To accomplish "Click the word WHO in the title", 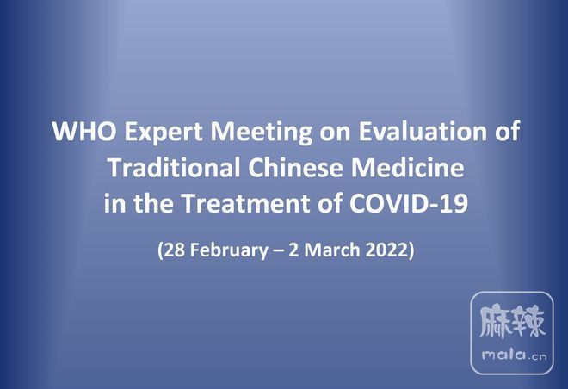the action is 84,131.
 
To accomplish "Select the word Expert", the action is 164,133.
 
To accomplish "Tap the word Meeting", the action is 261,133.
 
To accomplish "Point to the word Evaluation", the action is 423,131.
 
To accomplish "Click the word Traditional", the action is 174,167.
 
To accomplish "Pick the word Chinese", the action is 295,167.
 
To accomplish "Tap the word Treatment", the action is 245,202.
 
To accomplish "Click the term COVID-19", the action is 409,202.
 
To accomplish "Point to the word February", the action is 229,250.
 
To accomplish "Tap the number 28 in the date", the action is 174,250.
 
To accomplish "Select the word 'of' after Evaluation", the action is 507,131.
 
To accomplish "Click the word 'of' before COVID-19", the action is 330,202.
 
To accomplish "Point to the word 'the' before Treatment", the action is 153,202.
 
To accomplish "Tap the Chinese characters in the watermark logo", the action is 512,322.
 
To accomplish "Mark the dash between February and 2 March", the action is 278,251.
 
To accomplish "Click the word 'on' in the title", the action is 335,133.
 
